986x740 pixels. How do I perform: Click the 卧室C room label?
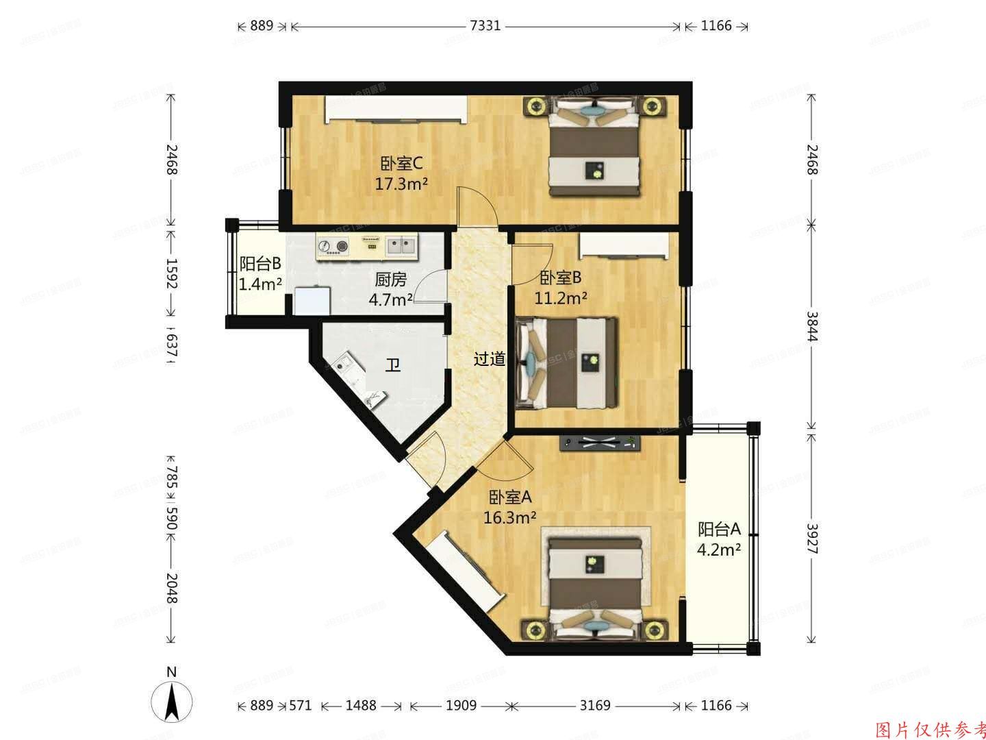[x=401, y=164]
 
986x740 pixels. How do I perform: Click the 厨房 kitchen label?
[x=391, y=279]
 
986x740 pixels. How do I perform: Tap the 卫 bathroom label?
[x=392, y=365]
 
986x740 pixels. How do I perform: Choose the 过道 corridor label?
[x=490, y=358]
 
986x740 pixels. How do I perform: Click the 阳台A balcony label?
[x=719, y=529]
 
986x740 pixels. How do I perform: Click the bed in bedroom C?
[x=596, y=147]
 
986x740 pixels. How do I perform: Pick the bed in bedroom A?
[x=594, y=582]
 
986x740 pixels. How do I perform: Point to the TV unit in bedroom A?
[x=600, y=443]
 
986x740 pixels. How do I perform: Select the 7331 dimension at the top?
[x=485, y=26]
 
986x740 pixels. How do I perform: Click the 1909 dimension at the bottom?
[x=461, y=705]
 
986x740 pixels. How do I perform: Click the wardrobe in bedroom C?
[x=396, y=110]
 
